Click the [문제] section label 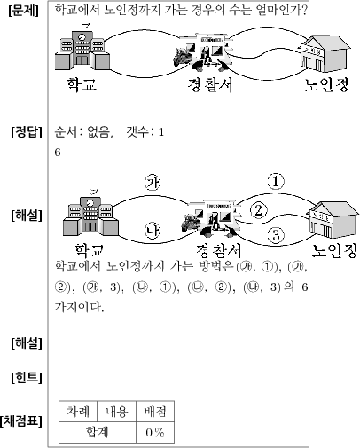pyautogui.click(x=24, y=11)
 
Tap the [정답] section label pyautogui.click(x=27, y=132)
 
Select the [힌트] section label pyautogui.click(x=27, y=378)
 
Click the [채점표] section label pyautogui.click(x=21, y=421)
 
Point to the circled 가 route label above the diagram pyautogui.click(x=153, y=182)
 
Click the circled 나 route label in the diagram pyautogui.click(x=153, y=231)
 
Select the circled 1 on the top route pyautogui.click(x=276, y=182)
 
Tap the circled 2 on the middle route pyautogui.click(x=259, y=210)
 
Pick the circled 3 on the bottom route pyautogui.click(x=276, y=235)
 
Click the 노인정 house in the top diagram pyautogui.click(x=325, y=54)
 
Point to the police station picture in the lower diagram pyautogui.click(x=211, y=218)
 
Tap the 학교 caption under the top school pyautogui.click(x=82, y=84)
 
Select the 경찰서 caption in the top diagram pyautogui.click(x=210, y=84)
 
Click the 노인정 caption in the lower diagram pyautogui.click(x=334, y=251)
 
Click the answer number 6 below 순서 pyautogui.click(x=58, y=153)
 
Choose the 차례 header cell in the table pyautogui.click(x=78, y=411)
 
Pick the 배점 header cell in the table pyautogui.click(x=155, y=411)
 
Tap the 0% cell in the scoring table pyautogui.click(x=155, y=432)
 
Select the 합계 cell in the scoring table pyautogui.click(x=98, y=432)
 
